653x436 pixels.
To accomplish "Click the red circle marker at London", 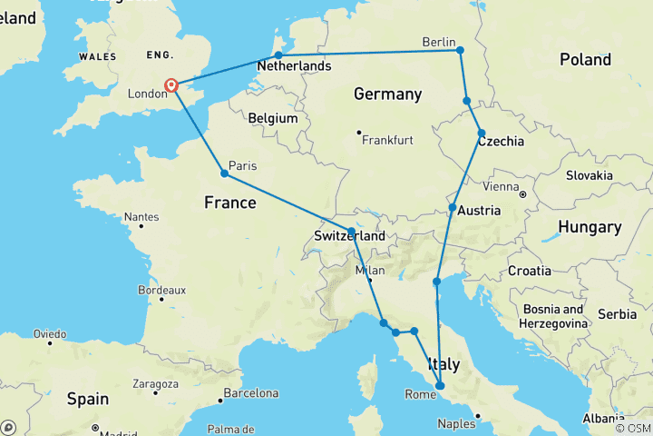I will [x=171, y=86].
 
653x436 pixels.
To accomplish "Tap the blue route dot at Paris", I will [x=224, y=173].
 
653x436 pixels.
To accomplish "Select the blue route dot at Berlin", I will [x=460, y=50].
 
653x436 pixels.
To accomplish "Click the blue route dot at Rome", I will [x=440, y=386].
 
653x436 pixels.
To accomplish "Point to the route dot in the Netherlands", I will [x=278, y=55].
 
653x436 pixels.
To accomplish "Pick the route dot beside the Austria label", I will [x=452, y=208].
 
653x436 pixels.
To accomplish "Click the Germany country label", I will [x=387, y=94].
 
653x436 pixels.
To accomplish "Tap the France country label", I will [x=229, y=203].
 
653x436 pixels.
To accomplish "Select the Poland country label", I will [x=585, y=60].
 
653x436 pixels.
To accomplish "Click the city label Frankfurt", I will [x=387, y=140].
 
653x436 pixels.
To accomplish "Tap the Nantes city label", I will [x=141, y=217].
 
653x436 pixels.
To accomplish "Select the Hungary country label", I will [x=590, y=227].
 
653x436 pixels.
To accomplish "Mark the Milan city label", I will [x=370, y=270].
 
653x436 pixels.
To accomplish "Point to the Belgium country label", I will [x=273, y=118].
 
